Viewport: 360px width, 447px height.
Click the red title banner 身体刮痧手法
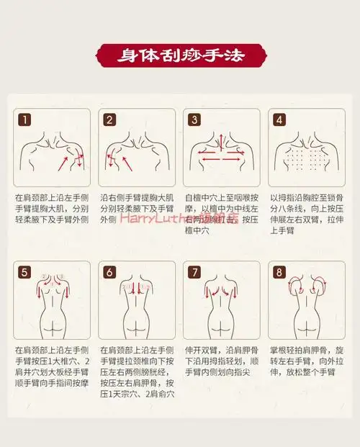[x=180, y=54]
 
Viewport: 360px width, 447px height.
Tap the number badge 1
[x=24, y=119]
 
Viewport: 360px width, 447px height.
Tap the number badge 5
[x=24, y=272]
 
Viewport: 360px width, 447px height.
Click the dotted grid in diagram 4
[x=307, y=157]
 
